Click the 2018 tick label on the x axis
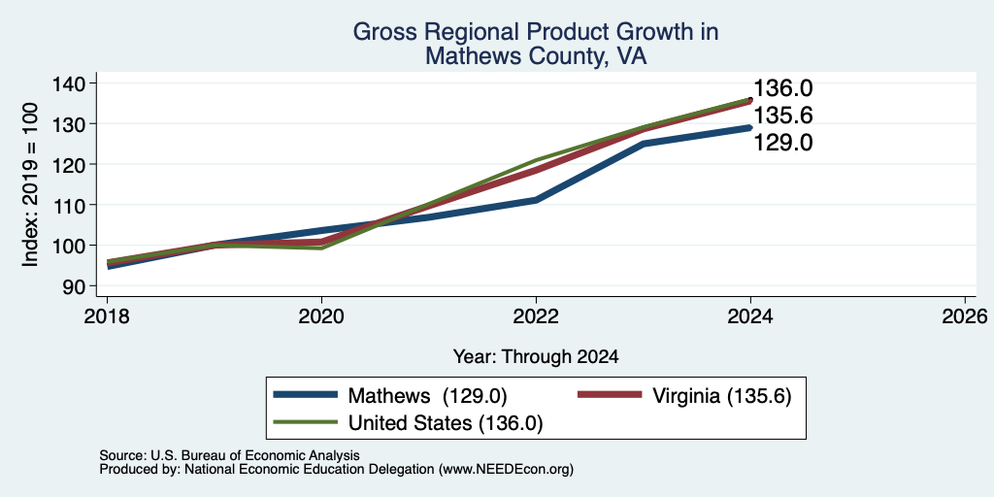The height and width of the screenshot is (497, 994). coord(107,316)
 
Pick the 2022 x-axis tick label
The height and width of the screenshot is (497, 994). coord(536,316)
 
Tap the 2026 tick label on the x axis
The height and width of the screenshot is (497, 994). coord(965,316)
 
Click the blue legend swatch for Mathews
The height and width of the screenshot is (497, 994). coord(305,395)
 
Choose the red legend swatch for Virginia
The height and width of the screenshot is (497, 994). coord(611,395)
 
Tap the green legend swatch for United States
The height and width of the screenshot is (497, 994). coord(305,422)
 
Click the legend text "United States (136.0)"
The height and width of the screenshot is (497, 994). coord(445,423)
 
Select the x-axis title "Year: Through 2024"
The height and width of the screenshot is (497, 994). coord(536,357)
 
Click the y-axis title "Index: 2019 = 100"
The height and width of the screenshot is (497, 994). coord(30,184)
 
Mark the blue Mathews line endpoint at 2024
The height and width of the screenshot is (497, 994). coord(750,127)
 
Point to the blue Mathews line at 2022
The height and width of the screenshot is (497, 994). coord(536,200)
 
